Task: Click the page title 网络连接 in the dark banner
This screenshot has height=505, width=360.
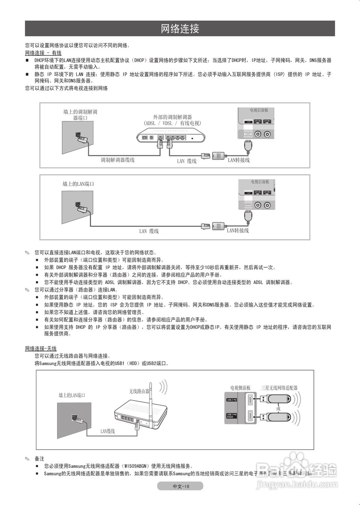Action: (x=180, y=28)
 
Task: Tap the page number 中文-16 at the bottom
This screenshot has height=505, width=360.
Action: (x=181, y=486)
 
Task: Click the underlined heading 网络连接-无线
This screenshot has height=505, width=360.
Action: (x=41, y=349)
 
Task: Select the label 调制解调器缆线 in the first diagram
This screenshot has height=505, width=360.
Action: (x=118, y=160)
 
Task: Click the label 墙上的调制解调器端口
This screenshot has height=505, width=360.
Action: (x=80, y=115)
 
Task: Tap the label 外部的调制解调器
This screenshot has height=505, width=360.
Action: (x=172, y=117)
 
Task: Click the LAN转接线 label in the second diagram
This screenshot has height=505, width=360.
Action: (x=238, y=230)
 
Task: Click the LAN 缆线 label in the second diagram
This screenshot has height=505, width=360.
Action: (x=149, y=231)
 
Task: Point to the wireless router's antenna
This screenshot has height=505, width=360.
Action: (x=151, y=395)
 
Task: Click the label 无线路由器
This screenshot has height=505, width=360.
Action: (x=139, y=391)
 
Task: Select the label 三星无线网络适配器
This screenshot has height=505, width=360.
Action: (x=279, y=388)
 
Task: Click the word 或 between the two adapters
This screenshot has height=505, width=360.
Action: (x=278, y=408)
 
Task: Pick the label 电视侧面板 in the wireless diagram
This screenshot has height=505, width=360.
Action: (x=241, y=388)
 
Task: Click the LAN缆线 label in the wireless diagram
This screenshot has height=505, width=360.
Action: (x=107, y=431)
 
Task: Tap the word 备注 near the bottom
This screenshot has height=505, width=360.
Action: (x=39, y=459)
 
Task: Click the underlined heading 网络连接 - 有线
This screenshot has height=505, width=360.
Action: (x=43, y=53)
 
